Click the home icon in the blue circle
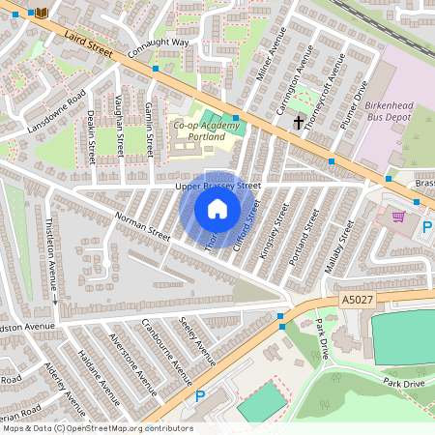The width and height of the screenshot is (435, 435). click(217, 209)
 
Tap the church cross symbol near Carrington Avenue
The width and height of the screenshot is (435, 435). click(299, 123)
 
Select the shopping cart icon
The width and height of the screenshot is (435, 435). click(397, 217)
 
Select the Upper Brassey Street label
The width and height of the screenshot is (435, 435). click(217, 185)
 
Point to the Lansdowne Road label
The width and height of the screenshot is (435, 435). click(56, 113)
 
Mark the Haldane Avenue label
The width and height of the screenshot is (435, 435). click(97, 374)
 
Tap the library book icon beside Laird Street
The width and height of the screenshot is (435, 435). click(41, 13)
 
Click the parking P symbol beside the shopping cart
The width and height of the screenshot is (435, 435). click(427, 227)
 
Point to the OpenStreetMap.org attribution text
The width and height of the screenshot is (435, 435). click(97, 428)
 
